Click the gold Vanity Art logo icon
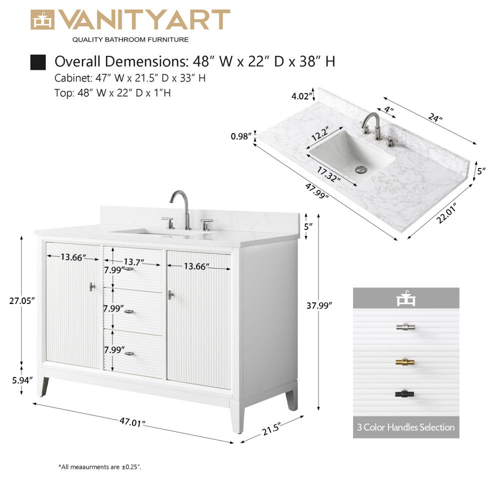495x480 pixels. pyautogui.click(x=42, y=20)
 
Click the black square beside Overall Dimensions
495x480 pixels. pyautogui.click(x=38, y=62)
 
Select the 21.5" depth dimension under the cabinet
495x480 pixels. pyautogui.click(x=271, y=429)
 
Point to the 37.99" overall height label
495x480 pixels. pyautogui.click(x=319, y=305)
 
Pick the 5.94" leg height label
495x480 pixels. pyautogui.click(x=22, y=380)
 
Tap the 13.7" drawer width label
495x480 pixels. pyautogui.click(x=134, y=262)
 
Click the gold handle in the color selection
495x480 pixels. pyautogui.click(x=405, y=362)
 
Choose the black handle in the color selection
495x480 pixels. pyautogui.click(x=404, y=394)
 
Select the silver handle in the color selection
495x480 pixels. pyautogui.click(x=405, y=327)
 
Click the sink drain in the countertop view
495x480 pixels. pyautogui.click(x=361, y=169)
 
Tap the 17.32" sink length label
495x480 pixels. pyautogui.click(x=328, y=174)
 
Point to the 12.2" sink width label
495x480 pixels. pyautogui.click(x=320, y=133)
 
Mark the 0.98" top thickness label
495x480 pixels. pyautogui.click(x=241, y=136)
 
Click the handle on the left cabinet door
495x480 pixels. pyautogui.click(x=92, y=286)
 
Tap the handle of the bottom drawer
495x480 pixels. pyautogui.click(x=129, y=353)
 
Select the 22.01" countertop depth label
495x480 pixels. pyautogui.click(x=446, y=214)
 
